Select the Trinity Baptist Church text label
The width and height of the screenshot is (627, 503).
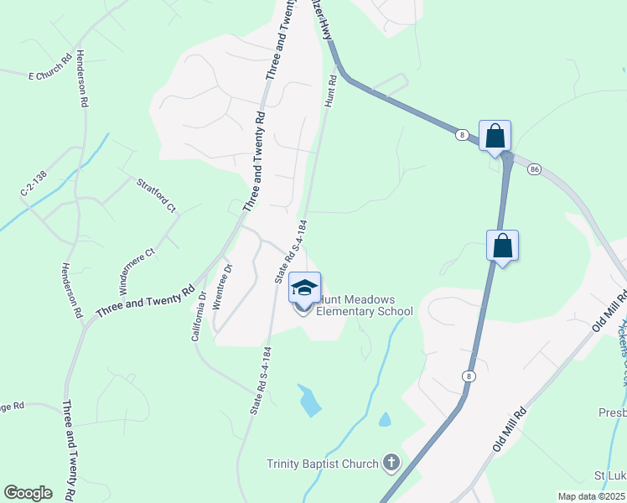point(322,463)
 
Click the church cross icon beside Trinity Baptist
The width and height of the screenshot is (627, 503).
point(391,462)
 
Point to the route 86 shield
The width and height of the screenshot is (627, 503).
point(535,169)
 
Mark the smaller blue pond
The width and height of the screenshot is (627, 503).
point(385,418)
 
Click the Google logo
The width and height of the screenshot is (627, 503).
point(28,493)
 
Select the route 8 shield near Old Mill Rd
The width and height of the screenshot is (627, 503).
point(468,376)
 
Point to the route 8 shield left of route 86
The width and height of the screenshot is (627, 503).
point(462,134)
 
